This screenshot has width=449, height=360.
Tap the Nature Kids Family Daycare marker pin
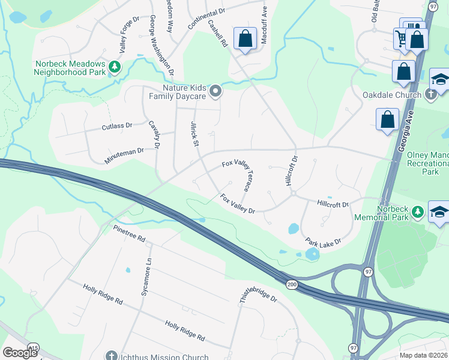click(215, 92)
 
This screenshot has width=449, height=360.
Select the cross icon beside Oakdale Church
click(430, 94)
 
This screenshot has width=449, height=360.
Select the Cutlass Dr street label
click(116, 126)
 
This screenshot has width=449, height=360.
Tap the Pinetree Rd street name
click(129, 233)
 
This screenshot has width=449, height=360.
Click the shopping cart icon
click(401, 38)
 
